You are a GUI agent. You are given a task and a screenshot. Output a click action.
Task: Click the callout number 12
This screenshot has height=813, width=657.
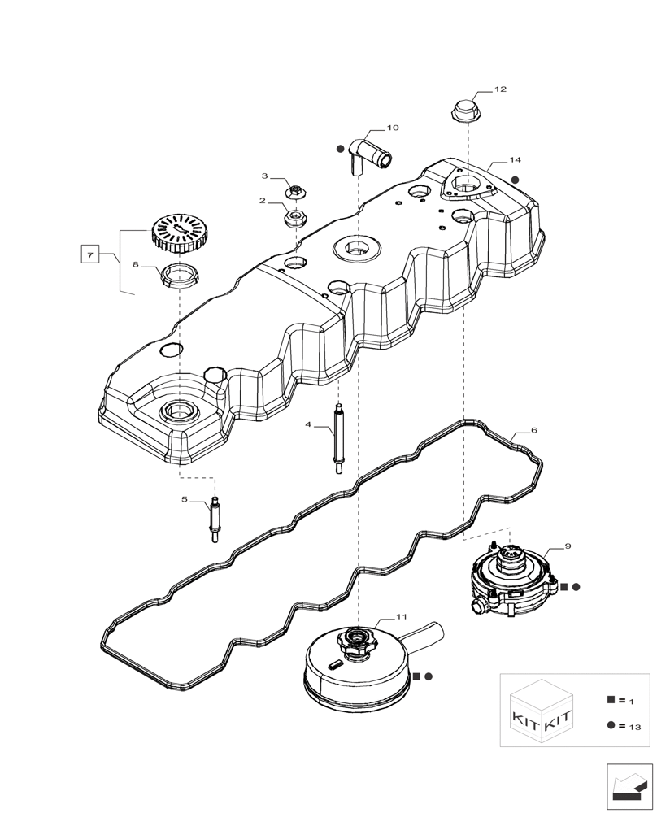[x=499, y=89]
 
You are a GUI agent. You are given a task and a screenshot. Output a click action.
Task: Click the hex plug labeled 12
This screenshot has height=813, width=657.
[x=462, y=111]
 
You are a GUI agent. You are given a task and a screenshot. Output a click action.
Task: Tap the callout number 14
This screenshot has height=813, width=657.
[x=515, y=160]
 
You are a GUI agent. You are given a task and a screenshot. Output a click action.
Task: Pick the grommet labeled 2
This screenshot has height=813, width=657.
[x=294, y=217]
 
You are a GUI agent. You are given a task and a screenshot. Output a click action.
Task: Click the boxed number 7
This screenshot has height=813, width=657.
[x=91, y=255]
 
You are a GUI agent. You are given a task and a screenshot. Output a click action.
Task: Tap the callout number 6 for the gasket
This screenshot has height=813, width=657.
[x=533, y=429]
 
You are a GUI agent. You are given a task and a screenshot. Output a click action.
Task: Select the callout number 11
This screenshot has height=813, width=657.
[x=401, y=617]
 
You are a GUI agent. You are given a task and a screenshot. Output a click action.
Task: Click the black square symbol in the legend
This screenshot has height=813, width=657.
[x=610, y=699]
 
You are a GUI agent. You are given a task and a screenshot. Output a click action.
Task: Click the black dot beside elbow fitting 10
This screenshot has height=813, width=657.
[x=339, y=149]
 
